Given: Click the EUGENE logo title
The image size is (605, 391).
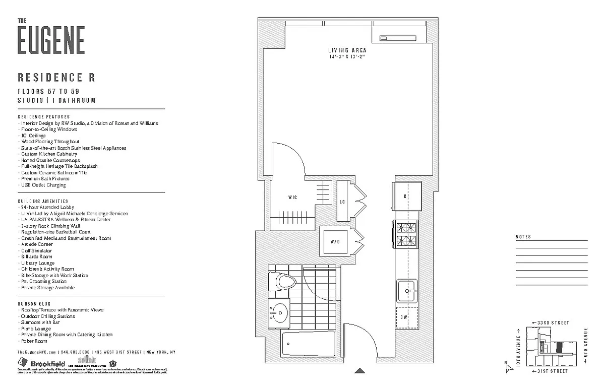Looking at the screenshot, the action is click(x=51, y=40).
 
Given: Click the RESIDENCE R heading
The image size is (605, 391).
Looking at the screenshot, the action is click(x=56, y=78).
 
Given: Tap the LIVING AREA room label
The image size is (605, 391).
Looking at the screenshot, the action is click(x=347, y=50).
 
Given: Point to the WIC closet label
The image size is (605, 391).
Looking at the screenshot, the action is click(x=292, y=198).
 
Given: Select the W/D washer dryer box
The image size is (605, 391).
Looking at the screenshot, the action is click(x=335, y=242).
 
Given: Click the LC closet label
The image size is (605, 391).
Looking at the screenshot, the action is click(x=342, y=201).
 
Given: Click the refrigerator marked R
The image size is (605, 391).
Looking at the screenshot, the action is click(x=406, y=197).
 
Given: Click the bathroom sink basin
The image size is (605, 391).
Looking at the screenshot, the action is click(x=278, y=313).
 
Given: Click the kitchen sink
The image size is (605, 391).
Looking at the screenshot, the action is click(x=407, y=291).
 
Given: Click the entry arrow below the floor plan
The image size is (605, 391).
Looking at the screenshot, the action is click(x=359, y=370).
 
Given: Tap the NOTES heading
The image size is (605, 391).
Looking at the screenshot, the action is click(x=523, y=237).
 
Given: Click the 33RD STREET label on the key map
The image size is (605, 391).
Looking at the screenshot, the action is click(x=554, y=322).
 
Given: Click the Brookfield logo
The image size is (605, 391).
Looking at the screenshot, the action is click(x=40, y=363).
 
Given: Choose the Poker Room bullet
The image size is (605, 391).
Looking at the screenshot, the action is click(x=34, y=341).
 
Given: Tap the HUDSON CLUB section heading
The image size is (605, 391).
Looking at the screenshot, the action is click(x=34, y=304).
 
